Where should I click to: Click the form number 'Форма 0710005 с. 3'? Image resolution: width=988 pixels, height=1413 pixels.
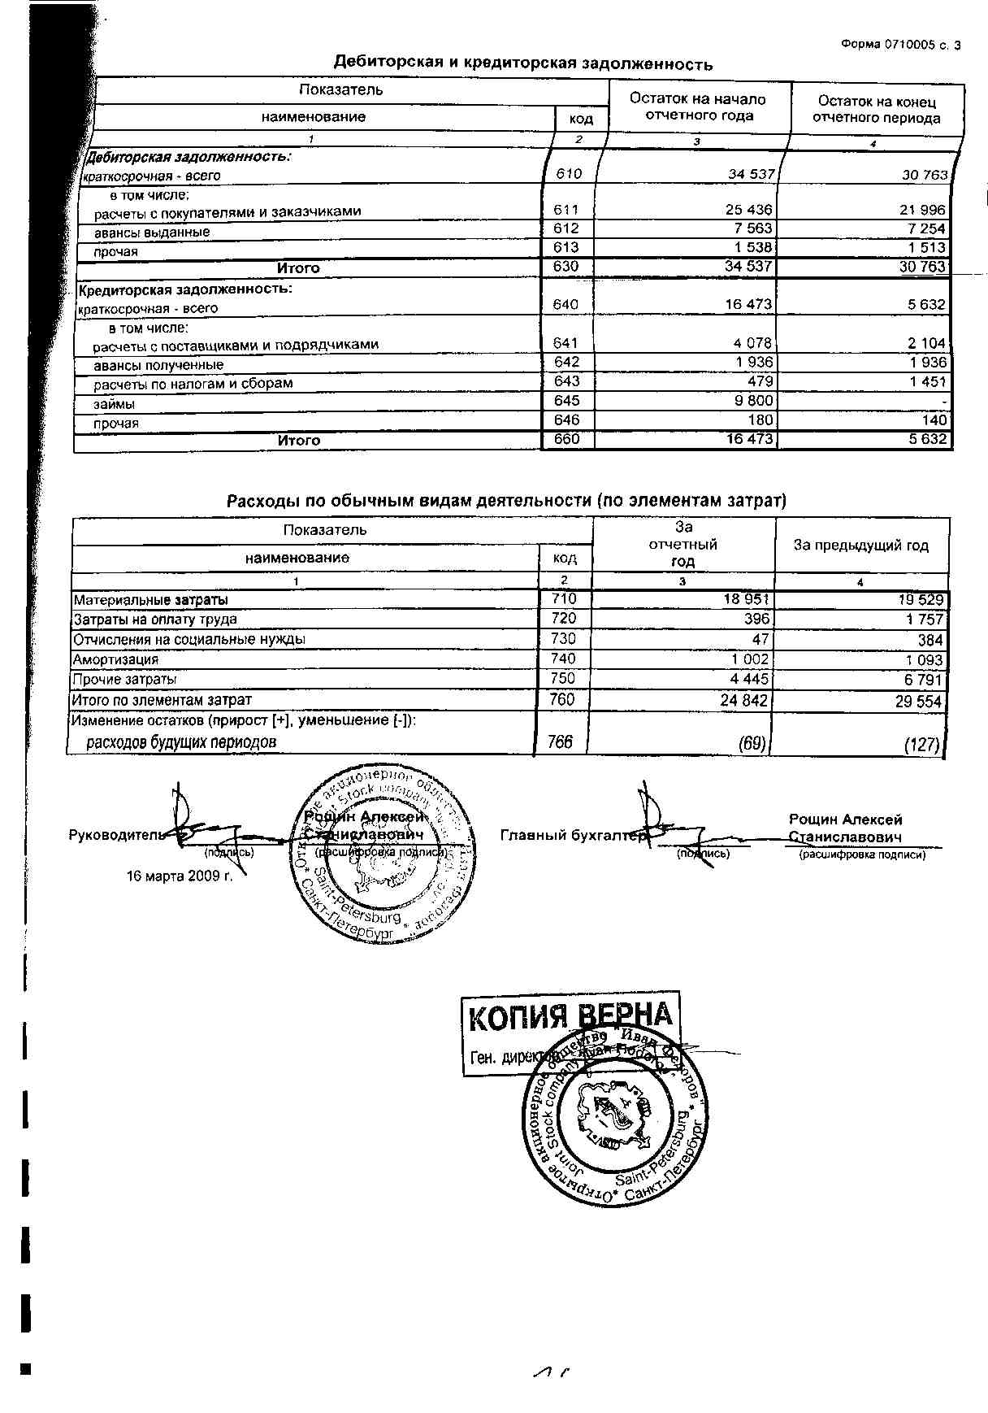click(x=901, y=46)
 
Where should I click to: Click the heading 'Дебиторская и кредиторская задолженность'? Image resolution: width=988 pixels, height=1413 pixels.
click(x=523, y=63)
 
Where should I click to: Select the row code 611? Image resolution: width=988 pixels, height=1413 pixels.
click(x=566, y=211)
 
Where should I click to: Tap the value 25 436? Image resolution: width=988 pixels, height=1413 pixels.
click(x=748, y=210)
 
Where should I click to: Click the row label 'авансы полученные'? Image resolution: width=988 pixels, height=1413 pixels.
click(x=158, y=365)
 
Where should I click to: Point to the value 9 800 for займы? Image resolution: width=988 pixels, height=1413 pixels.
click(x=753, y=401)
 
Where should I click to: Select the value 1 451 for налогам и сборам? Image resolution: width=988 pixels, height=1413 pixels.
click(x=926, y=381)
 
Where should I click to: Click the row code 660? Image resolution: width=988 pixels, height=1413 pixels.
click(x=566, y=440)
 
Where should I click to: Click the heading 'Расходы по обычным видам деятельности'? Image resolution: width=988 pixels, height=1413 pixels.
click(x=506, y=501)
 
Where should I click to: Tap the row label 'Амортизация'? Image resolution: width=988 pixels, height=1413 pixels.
click(x=115, y=659)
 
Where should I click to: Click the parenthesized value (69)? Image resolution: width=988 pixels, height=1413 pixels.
click(x=752, y=742)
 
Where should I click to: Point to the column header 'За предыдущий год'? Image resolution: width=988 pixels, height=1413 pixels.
click(x=860, y=546)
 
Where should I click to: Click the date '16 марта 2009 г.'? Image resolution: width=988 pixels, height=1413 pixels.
click(x=180, y=876)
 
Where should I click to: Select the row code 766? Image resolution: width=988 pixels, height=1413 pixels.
click(x=561, y=741)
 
